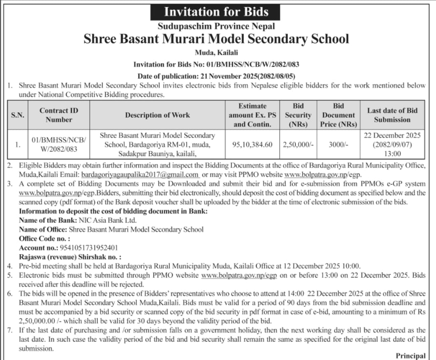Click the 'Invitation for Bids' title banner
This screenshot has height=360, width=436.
(216, 12)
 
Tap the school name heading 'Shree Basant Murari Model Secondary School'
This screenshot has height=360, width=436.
(216, 39)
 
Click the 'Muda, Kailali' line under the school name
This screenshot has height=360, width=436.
(216, 53)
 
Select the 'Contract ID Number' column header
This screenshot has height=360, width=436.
(59, 115)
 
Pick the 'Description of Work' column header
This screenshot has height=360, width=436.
(158, 115)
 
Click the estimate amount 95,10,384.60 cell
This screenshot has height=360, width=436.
(252, 145)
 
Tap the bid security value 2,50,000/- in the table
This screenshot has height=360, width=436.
(298, 145)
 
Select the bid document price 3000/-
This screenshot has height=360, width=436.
(339, 145)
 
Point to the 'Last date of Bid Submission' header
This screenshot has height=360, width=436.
(392, 115)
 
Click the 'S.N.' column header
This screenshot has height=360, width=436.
(18, 115)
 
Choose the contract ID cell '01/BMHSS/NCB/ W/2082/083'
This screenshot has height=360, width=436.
(59, 145)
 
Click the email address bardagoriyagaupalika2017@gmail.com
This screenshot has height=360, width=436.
(140, 174)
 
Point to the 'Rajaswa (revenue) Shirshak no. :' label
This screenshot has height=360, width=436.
(70, 256)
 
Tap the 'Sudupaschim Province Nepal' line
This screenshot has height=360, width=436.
(216, 26)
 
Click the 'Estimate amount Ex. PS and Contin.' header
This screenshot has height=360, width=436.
(252, 115)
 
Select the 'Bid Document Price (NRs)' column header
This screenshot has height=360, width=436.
(339, 115)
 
